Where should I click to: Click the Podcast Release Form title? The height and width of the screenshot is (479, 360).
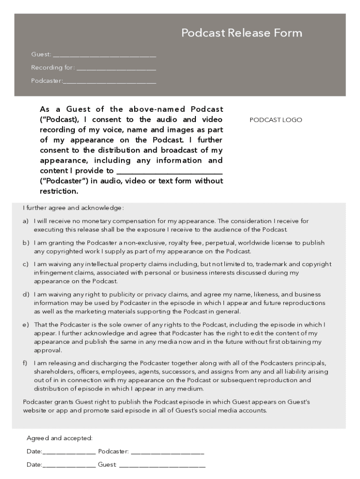[x=242, y=33]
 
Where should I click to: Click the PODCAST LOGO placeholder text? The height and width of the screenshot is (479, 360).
[x=276, y=120]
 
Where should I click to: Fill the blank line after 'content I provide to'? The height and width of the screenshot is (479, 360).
[x=169, y=171]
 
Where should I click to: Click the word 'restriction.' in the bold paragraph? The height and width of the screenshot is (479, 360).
[x=59, y=191]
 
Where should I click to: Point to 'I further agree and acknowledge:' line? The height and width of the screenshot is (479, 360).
[x=73, y=208]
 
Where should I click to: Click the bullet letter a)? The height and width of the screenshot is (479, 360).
[x=26, y=221]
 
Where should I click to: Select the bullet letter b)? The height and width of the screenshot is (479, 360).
[x=26, y=243]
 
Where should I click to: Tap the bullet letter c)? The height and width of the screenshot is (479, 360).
[x=26, y=264]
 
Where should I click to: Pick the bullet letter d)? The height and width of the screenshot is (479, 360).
[x=26, y=295]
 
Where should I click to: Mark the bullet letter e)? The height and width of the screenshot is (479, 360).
[x=26, y=325]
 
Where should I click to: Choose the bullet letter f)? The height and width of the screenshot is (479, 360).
[x=25, y=363]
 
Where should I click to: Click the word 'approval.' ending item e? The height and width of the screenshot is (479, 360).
[x=48, y=350]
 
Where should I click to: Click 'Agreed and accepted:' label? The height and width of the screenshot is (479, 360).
[x=59, y=438]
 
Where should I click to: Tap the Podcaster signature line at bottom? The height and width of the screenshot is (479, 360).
[x=167, y=452]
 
